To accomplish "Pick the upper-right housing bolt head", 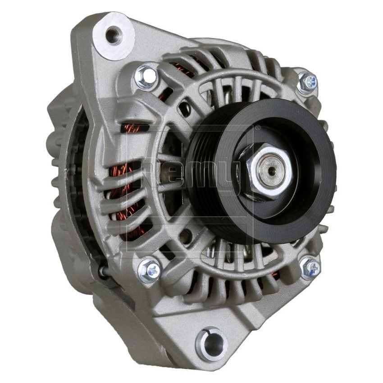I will click(308, 82).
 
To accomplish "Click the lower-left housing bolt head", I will click(149, 270).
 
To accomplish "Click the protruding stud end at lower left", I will click(102, 271).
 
